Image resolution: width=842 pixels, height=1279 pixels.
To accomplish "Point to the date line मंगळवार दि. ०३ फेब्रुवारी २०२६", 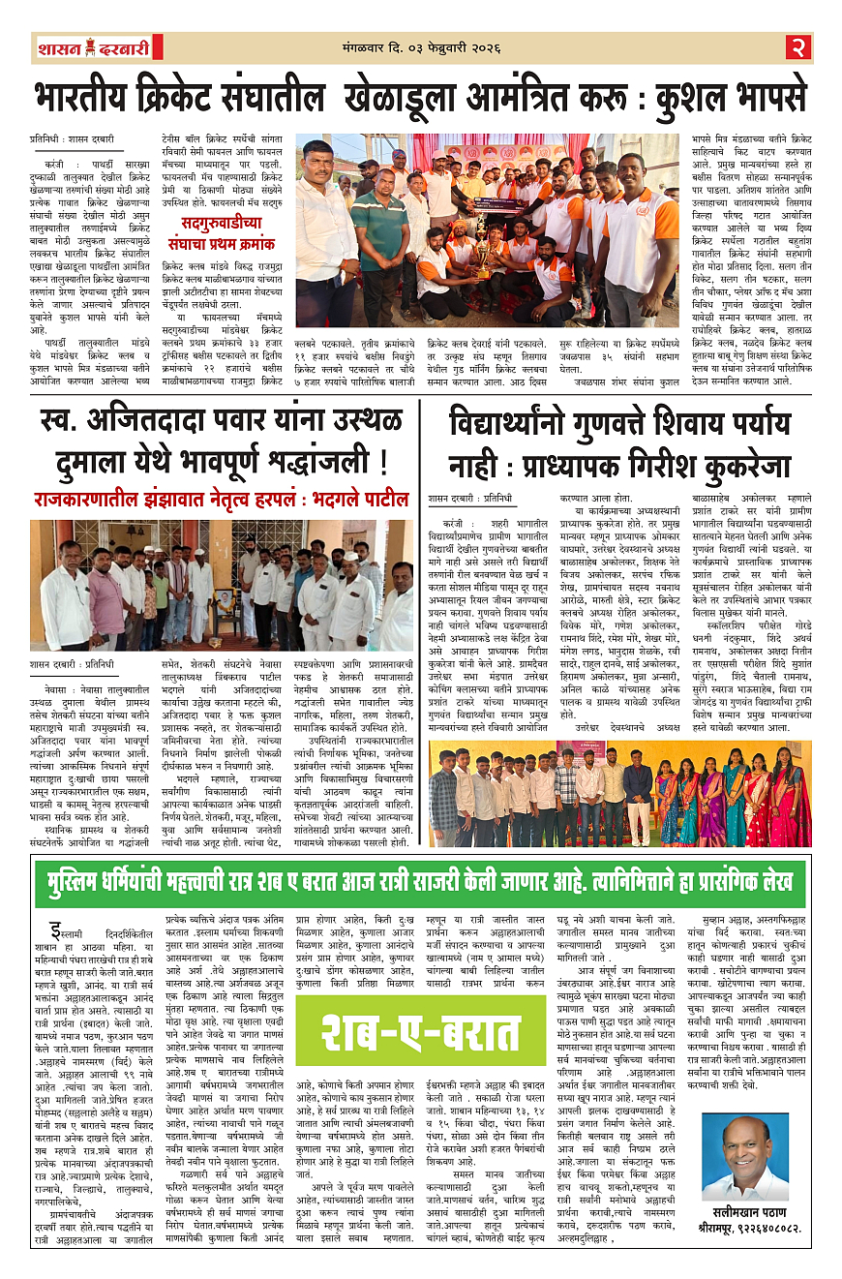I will (425, 44).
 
